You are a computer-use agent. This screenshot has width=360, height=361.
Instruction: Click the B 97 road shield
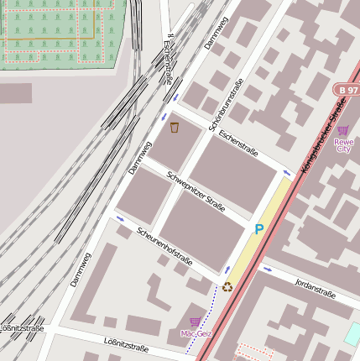(345, 89)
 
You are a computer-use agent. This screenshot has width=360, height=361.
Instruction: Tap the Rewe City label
(344, 145)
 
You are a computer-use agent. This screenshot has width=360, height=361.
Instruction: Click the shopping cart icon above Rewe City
(342, 130)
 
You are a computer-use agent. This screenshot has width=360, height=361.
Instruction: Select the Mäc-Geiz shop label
(196, 333)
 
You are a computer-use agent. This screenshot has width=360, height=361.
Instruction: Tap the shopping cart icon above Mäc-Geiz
(196, 322)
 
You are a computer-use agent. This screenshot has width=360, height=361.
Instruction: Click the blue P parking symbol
(259, 229)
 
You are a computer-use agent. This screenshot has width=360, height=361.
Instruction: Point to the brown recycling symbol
(227, 286)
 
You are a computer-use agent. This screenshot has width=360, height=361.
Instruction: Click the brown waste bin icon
(175, 128)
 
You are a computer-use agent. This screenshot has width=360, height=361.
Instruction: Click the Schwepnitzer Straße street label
(196, 192)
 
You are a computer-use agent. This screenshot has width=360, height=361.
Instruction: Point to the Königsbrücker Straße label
(323, 133)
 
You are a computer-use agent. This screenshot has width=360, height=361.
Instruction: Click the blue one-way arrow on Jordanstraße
(268, 269)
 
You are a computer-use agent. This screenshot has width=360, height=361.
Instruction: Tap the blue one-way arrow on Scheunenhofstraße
(120, 220)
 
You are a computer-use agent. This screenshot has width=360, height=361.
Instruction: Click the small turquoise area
(352, 334)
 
